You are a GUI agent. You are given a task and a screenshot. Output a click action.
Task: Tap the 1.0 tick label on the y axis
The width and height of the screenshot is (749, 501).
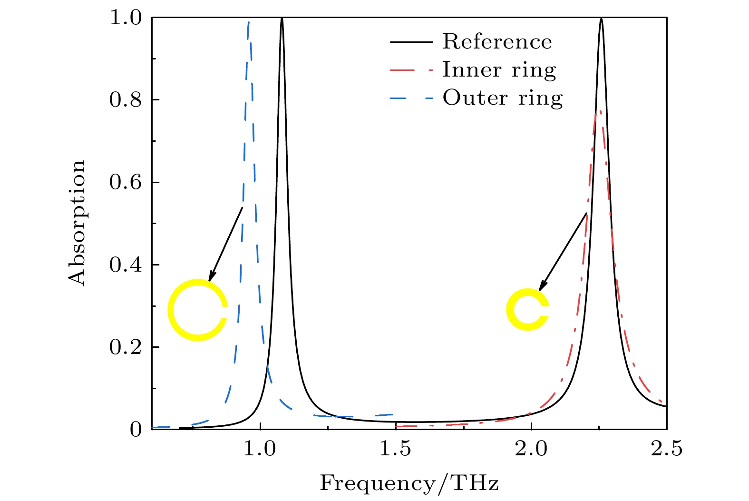point(126,18)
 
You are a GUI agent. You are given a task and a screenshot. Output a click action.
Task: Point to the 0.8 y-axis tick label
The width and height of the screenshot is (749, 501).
point(126,100)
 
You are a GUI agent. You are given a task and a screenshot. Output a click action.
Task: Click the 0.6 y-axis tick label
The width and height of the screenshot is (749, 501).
point(126,183)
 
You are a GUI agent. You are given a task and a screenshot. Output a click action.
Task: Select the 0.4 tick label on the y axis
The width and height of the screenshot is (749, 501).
point(126,265)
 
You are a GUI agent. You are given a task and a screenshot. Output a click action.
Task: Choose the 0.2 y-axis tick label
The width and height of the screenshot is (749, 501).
point(126,347)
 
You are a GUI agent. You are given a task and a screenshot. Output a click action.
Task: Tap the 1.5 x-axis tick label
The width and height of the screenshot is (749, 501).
point(396,449)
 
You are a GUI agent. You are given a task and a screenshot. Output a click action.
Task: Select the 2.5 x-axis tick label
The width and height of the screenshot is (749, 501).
point(667,449)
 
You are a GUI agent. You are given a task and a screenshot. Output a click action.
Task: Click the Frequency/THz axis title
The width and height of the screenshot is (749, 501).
point(409,483)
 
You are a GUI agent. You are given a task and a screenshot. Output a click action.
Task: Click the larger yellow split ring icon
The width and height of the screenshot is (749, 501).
point(197,310)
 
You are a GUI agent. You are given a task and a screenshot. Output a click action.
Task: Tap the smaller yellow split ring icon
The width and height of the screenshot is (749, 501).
point(527,309)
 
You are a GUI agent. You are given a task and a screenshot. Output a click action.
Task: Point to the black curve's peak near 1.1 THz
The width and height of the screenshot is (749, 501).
point(282,19)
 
